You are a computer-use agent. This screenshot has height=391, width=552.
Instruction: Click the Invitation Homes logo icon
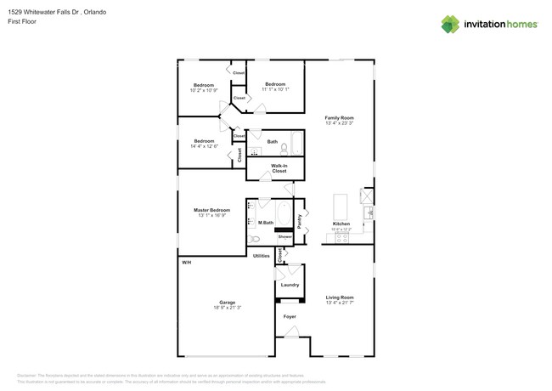(x=450, y=24)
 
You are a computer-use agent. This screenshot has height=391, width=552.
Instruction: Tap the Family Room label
(x=339, y=118)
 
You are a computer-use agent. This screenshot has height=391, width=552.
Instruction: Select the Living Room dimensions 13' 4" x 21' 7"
(x=339, y=303)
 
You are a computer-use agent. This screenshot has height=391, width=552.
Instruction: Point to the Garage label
(x=227, y=302)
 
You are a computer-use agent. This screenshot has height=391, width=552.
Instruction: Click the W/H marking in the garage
(x=186, y=263)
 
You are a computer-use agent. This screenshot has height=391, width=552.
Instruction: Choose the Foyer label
(x=290, y=316)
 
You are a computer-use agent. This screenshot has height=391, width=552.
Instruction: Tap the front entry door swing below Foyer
(x=291, y=331)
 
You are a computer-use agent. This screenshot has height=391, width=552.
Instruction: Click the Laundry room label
(x=290, y=285)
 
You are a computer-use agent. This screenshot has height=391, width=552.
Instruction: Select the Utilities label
(x=262, y=255)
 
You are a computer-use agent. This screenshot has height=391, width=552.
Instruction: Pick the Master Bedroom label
(x=211, y=210)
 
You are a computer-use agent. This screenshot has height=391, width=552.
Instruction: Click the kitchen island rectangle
(x=340, y=207)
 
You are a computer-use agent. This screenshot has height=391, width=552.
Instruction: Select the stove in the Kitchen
(x=341, y=239)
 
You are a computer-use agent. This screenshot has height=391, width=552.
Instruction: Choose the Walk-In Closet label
(x=279, y=168)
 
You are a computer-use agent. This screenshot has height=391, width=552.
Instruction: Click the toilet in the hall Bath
(x=284, y=148)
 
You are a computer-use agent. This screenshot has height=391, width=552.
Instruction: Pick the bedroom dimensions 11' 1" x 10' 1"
(x=275, y=89)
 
